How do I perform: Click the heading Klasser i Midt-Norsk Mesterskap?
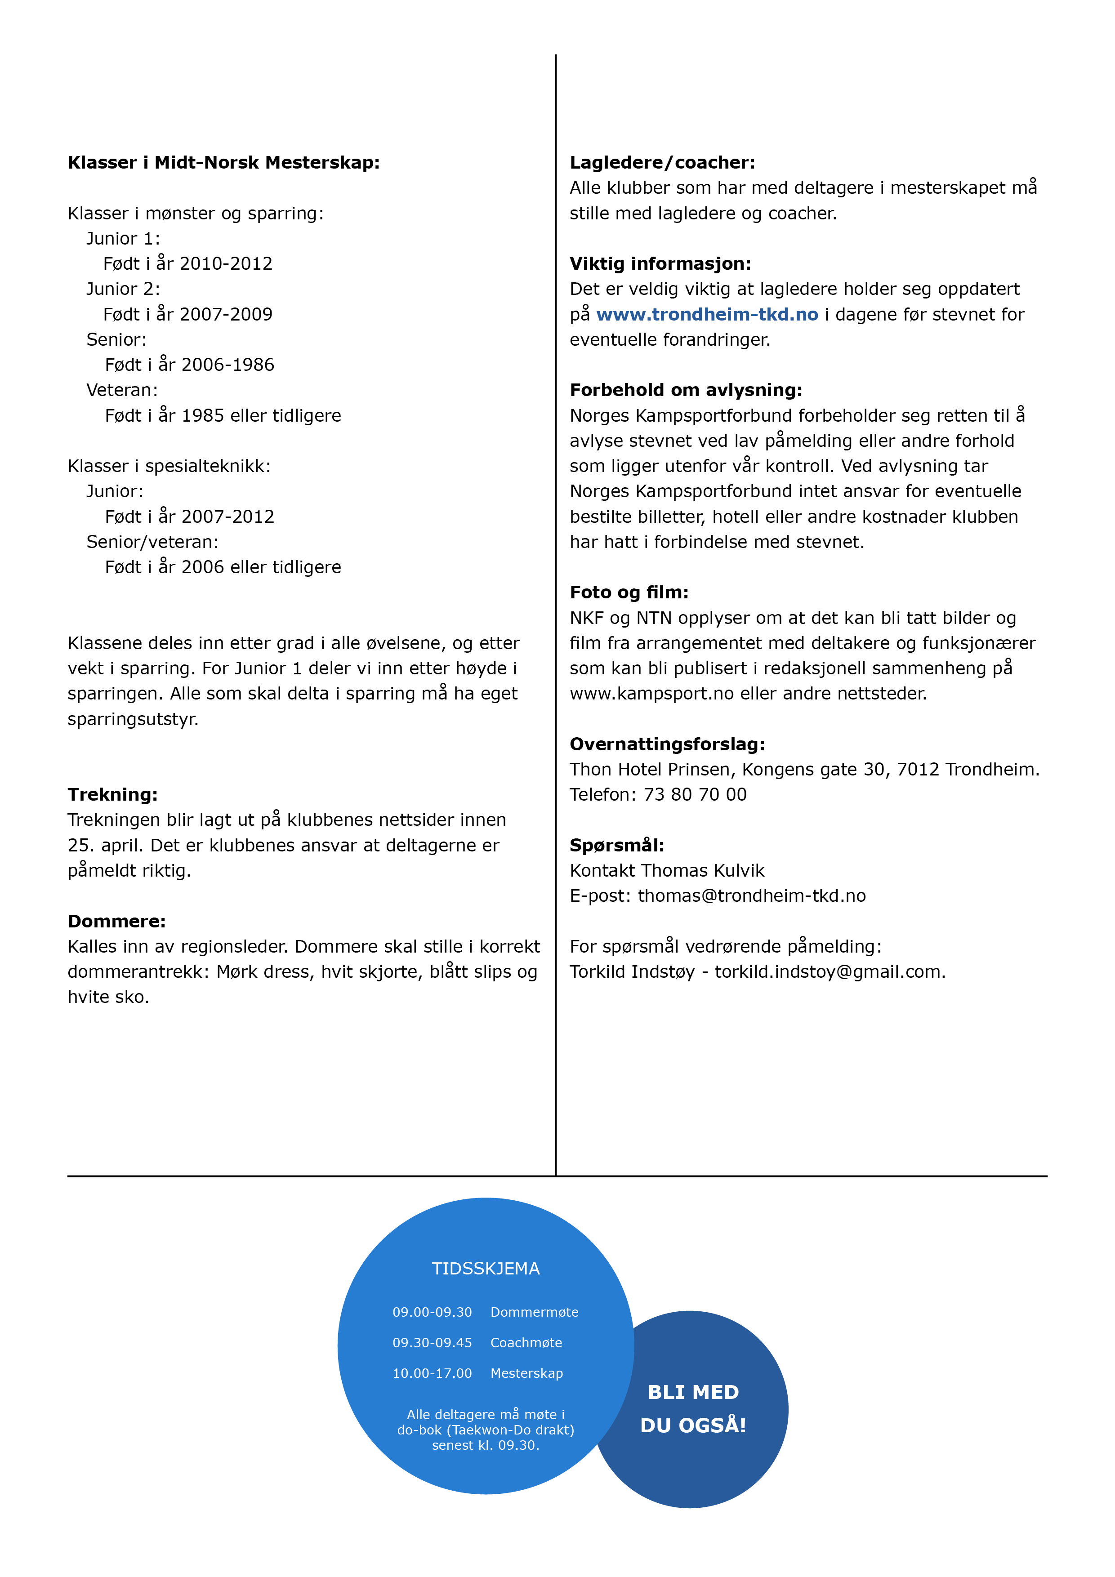coord(223,163)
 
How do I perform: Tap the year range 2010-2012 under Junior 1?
coord(226,264)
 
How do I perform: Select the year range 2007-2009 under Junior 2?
coord(226,315)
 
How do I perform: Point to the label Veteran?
coord(121,390)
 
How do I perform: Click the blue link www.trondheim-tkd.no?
coord(707,315)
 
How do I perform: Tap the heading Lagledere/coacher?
coord(662,163)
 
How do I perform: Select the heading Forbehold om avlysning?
coord(686,390)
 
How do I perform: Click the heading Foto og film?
coord(629,592)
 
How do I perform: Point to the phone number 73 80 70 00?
coord(695,795)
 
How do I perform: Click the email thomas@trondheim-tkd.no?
coord(752,895)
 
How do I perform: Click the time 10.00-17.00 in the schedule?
coord(432,1373)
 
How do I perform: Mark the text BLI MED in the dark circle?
coord(693,1392)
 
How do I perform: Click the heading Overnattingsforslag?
coord(667,744)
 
